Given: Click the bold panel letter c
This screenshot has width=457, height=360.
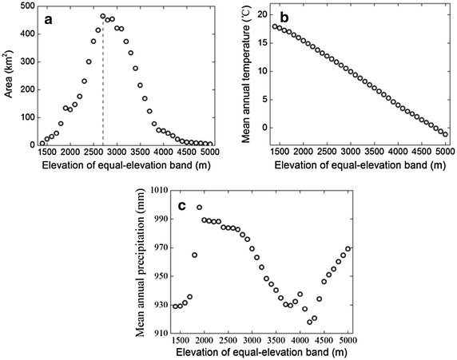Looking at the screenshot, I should click(181, 206).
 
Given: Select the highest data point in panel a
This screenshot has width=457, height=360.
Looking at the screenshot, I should click(103, 16).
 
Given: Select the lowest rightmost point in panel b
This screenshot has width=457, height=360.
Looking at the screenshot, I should click(445, 134).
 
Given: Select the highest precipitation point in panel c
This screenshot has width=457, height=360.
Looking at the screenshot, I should click(199, 208).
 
